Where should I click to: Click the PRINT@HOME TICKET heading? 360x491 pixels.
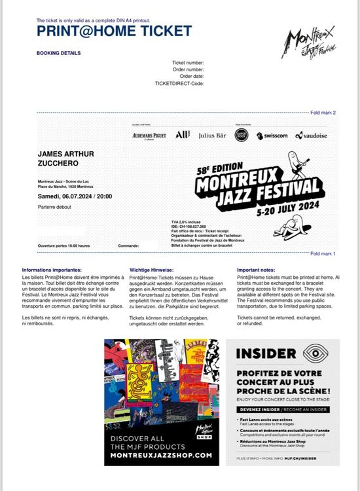pyautogui.click(x=114, y=31)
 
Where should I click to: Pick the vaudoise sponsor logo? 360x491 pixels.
pyautogui.click(x=312, y=136)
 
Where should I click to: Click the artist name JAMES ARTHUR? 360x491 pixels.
pyautogui.click(x=66, y=154)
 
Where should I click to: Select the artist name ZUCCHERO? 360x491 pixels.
pyautogui.click(x=58, y=164)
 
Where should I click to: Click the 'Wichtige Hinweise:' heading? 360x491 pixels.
pyautogui.click(x=151, y=269)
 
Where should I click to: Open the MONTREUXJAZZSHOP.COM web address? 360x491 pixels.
pyautogui.click(x=161, y=455)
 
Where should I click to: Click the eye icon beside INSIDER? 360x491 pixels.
pyautogui.click(x=317, y=354)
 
